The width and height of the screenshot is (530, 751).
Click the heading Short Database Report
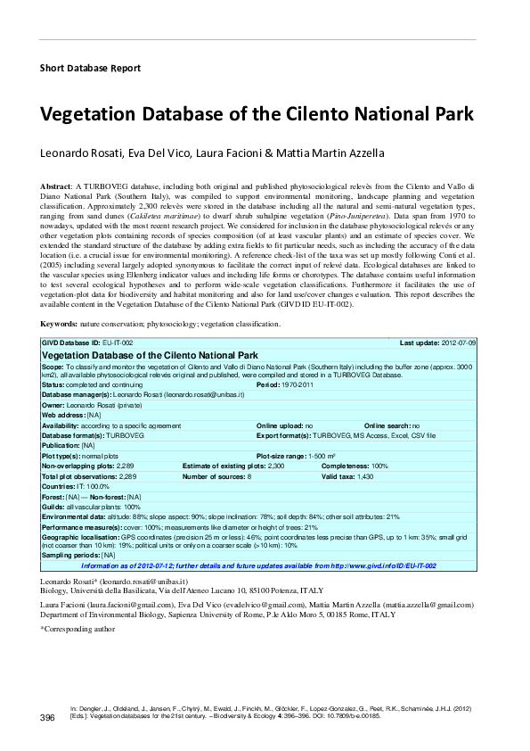click(x=90, y=68)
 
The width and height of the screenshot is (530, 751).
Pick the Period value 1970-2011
click(x=300, y=384)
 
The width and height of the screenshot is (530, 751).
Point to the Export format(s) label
click(x=288, y=435)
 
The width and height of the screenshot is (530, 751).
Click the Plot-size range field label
click(x=285, y=456)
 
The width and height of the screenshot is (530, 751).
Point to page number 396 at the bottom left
click(x=48, y=718)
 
